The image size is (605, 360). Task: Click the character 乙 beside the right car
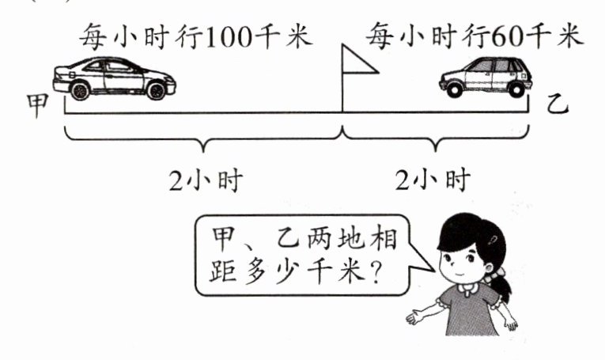[558, 103]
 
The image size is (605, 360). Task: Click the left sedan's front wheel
[157, 90]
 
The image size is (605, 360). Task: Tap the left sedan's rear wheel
[80, 90]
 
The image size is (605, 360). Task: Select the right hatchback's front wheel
[454, 89]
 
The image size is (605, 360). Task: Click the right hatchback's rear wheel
[516, 89]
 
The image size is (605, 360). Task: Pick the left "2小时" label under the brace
[205, 180]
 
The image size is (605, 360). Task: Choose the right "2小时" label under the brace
[433, 180]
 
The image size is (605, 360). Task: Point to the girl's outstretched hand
[413, 319]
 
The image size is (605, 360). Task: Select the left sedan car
[114, 78]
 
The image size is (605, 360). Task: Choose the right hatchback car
[485, 76]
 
